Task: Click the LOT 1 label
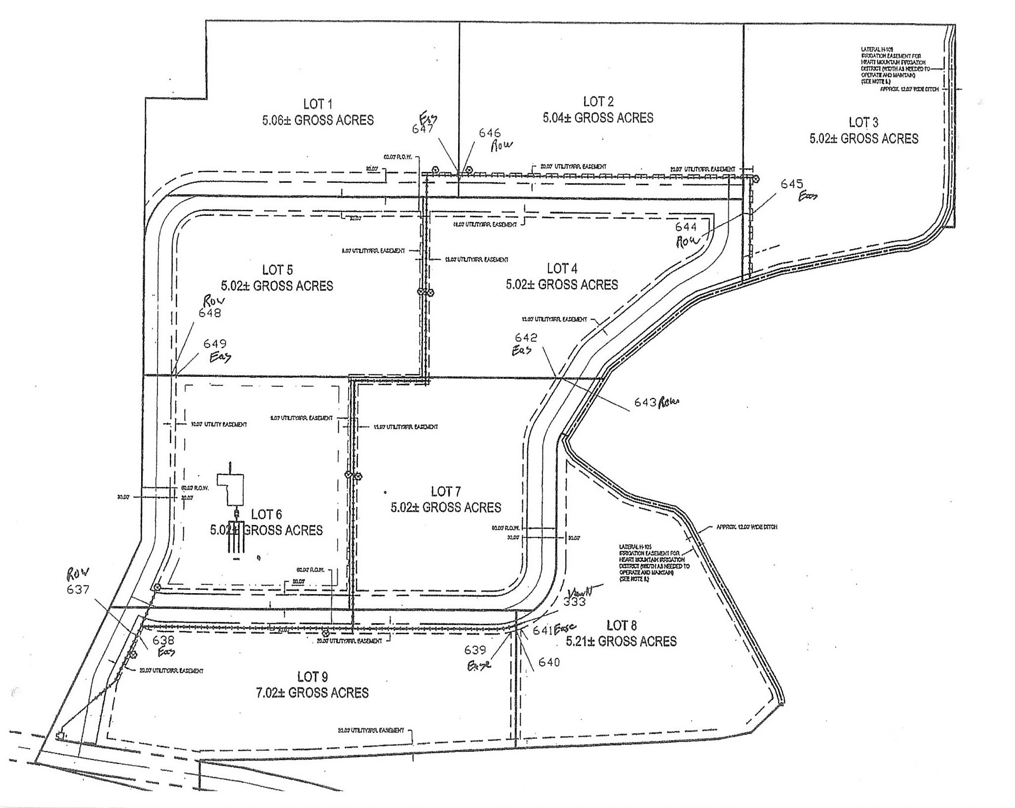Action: (317, 104)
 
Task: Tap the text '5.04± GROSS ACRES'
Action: (598, 118)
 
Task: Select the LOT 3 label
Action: (863, 122)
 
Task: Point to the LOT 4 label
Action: (562, 269)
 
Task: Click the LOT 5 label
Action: (277, 270)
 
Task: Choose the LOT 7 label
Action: (445, 491)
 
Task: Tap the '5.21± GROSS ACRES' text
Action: (621, 642)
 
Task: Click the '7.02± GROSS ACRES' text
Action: (312, 693)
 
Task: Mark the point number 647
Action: (423, 128)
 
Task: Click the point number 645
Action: (792, 184)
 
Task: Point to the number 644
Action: (686, 227)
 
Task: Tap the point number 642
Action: (526, 337)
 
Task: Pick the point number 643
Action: (645, 403)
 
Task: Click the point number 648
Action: (210, 313)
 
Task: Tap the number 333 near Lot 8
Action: (574, 602)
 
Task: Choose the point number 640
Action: (549, 662)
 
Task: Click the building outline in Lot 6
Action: (233, 489)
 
